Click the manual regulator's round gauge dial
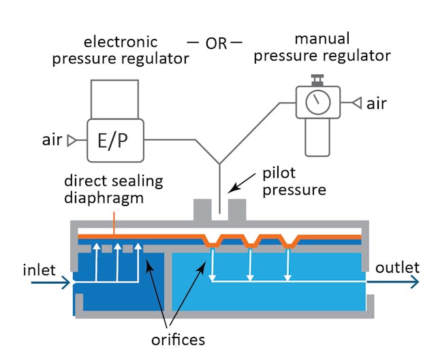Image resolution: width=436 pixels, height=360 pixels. pos(316,104)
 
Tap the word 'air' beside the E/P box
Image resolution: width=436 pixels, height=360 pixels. pos(52,140)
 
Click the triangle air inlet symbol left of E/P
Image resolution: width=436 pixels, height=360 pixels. pos(70,141)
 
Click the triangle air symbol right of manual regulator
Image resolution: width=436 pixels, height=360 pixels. pos(356,103)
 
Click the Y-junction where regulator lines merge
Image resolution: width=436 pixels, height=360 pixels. pos(219,163)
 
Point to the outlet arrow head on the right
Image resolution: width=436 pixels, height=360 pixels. pos(414,282)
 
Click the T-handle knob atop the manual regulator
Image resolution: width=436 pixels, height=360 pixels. pos(316,80)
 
